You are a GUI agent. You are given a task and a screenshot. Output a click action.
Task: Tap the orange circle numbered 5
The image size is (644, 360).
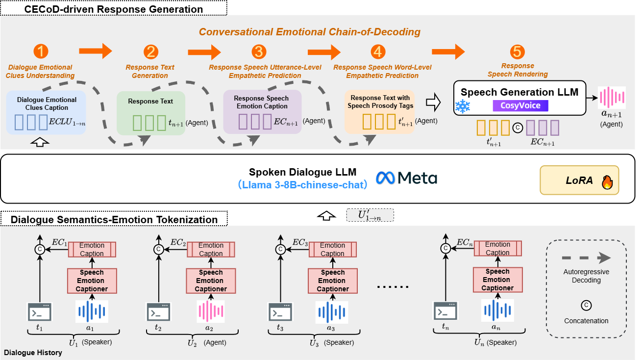click(x=517, y=52)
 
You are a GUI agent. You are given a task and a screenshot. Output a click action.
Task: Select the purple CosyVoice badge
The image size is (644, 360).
click(x=520, y=105)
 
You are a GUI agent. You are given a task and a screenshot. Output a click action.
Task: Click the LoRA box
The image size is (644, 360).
click(x=579, y=180)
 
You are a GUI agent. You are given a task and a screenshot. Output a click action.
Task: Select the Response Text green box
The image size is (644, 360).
click(x=150, y=113)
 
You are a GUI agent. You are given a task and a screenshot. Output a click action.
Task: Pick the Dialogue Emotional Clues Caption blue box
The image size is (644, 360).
click(x=46, y=113)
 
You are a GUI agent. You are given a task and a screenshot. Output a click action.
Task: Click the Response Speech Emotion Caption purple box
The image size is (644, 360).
click(x=262, y=112)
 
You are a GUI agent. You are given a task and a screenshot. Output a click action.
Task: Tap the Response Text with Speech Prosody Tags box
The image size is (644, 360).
click(x=379, y=112)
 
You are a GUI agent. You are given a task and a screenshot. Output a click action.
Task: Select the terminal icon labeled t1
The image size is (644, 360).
click(x=40, y=311)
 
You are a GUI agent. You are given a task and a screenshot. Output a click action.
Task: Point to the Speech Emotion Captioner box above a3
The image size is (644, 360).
click(x=333, y=281)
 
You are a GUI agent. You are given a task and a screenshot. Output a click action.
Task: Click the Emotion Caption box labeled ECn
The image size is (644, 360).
click(x=497, y=249)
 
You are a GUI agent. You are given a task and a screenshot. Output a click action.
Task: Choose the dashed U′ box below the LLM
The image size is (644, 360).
click(x=370, y=215)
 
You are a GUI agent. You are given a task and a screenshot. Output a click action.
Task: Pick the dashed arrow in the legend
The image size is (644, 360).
click(x=586, y=258)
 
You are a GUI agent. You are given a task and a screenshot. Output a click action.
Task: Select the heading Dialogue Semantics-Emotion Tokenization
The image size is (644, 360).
click(x=114, y=220)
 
